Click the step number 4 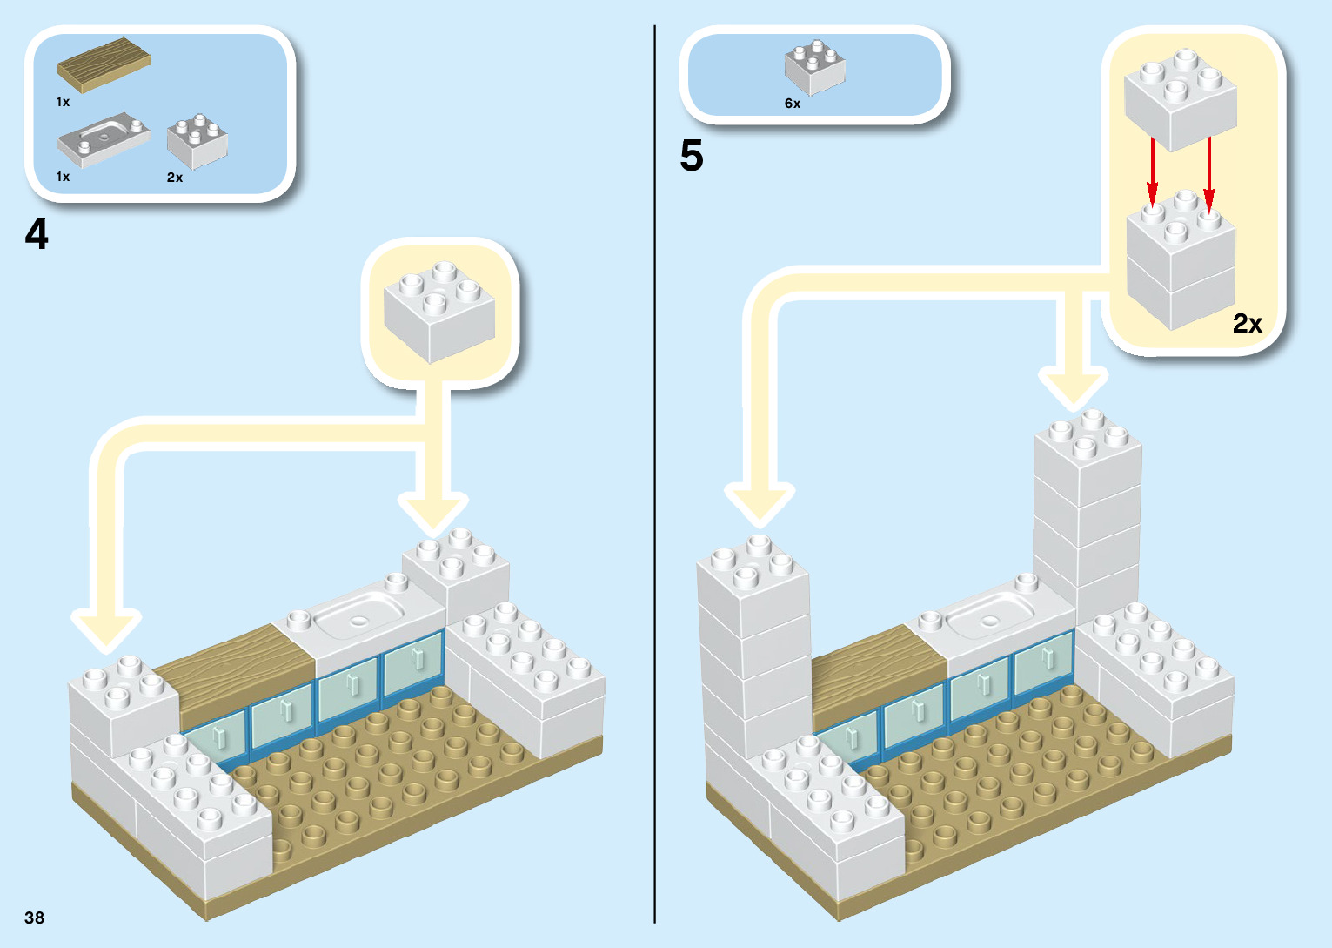[37, 234]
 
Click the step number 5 [692, 157]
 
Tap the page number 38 [34, 918]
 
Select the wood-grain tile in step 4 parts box [104, 63]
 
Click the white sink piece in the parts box [104, 139]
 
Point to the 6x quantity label [793, 104]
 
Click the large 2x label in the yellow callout [1247, 324]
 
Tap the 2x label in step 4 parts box [175, 178]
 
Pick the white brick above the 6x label [814, 67]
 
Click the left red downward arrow [1153, 174]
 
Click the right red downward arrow [1208, 174]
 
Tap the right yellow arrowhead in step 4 [433, 514]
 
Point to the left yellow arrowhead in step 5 [760, 505]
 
